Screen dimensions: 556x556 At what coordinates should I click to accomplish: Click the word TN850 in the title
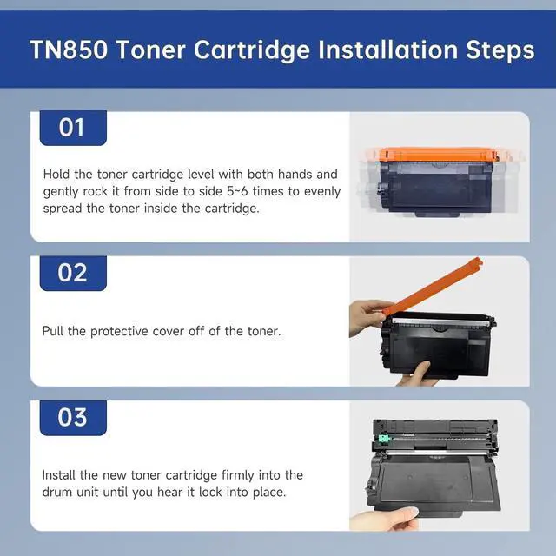69,50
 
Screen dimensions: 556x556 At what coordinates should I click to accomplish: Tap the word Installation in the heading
388,50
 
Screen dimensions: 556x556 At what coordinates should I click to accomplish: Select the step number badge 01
73,128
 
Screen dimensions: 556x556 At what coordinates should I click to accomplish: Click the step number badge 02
73,273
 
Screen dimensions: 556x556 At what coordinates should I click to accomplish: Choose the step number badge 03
73,418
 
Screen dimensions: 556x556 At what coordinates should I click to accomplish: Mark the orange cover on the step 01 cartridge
439,156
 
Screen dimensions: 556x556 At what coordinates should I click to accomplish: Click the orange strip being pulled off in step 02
432,287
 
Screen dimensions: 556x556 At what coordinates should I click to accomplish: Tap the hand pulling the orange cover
367,316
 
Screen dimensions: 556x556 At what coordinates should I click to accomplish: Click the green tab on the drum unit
384,439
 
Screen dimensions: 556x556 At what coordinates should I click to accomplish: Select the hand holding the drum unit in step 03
385,519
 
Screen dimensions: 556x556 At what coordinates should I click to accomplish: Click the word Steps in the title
500,50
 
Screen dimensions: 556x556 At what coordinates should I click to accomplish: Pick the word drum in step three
56,493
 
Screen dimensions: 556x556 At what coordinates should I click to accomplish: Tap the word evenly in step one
322,192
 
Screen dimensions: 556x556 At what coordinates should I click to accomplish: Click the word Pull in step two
53,331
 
